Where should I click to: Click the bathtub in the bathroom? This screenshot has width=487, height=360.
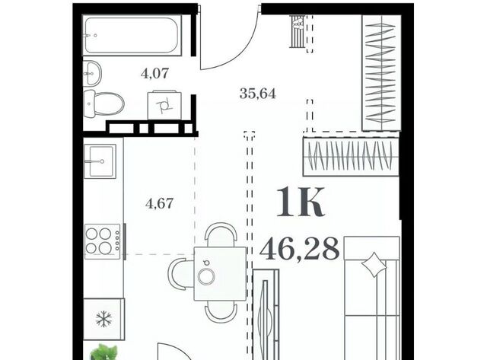[x=132, y=36]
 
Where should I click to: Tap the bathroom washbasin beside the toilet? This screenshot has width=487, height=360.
[x=92, y=73]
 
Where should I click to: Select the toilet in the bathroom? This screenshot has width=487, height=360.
[x=103, y=104]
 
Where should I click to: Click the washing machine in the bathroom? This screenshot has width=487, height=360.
[x=164, y=105]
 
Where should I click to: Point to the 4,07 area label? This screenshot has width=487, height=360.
[x=154, y=74]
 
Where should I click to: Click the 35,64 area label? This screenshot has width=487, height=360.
[x=257, y=93]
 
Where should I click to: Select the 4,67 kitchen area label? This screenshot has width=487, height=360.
[x=159, y=203]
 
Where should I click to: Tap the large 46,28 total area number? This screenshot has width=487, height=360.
[x=299, y=248]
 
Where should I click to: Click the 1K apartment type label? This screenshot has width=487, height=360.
[x=301, y=202]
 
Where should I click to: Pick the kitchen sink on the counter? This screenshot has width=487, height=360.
[x=100, y=161]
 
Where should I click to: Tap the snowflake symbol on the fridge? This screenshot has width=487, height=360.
[x=104, y=319]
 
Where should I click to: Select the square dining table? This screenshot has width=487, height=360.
[x=220, y=274]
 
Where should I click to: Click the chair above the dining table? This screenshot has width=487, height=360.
[x=221, y=234]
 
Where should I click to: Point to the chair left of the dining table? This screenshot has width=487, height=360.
[x=181, y=275]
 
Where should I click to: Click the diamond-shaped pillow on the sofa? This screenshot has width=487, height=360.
[x=374, y=264]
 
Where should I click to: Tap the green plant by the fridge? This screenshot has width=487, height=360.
[x=103, y=352]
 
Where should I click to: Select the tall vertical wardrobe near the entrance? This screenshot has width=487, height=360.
[x=381, y=72]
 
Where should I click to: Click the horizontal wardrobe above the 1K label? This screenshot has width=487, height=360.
[x=351, y=157]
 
